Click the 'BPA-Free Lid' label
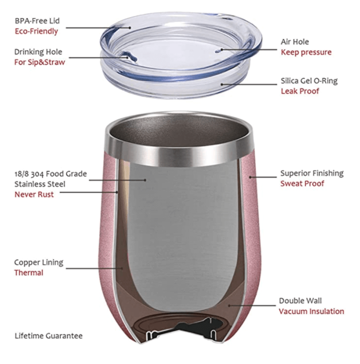coord(37,21)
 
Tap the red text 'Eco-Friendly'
coord(36,31)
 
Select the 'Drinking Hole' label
coord(38,52)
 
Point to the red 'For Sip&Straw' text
coord(40,62)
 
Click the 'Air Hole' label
coord(295,42)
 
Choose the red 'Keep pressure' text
coord(306,52)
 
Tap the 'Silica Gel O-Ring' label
coord(309,81)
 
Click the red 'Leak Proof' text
coord(300,91)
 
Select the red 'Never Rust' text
coord(34,194)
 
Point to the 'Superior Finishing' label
coord(312,173)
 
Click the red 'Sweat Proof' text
coord(302,184)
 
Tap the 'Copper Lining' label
coord(39,262)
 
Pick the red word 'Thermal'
coord(29,273)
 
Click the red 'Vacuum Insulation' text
coord(312,311)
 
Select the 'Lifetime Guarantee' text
coord(48,336)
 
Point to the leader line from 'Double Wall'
coord(252,306)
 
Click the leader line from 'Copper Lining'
coord(94,268)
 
